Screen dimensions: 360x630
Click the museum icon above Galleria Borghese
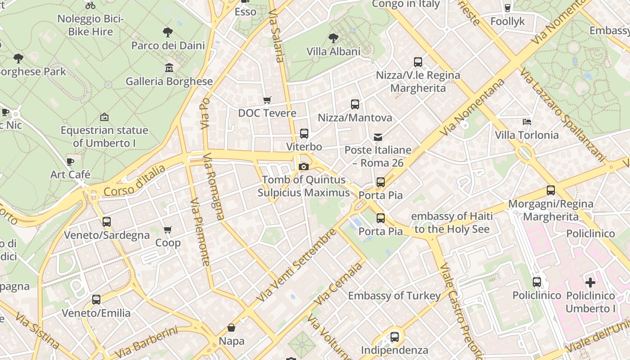[169, 68]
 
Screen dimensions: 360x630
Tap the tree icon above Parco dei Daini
[168, 32]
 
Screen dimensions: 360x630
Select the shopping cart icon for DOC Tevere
[267, 99]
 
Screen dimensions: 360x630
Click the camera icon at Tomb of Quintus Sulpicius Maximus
[304, 166]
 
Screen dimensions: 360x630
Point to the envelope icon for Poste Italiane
[378, 137]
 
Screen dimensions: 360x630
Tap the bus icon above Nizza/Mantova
[355, 104]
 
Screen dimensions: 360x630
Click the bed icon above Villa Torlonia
[526, 121]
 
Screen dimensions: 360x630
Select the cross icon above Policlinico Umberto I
[590, 283]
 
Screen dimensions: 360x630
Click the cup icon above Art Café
[70, 161]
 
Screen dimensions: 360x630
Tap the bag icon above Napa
[231, 328]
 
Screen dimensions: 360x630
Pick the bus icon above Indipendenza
[395, 337]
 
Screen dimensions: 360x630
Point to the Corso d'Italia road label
[134, 181]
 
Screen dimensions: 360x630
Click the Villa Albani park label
[333, 51]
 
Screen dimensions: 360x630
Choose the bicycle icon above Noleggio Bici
[90, 5]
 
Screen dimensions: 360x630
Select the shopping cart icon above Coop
[168, 230]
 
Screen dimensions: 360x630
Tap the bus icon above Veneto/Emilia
[96, 300]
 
